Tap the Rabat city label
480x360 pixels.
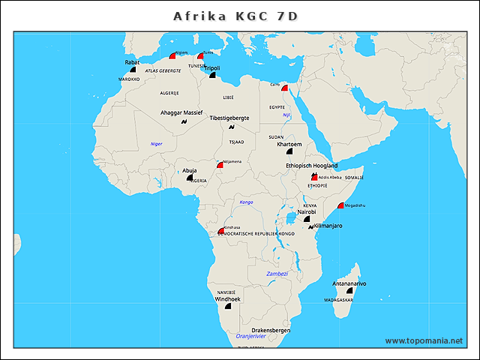click(x=131, y=62)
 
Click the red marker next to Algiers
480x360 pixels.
click(x=172, y=55)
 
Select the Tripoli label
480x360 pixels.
click(x=212, y=68)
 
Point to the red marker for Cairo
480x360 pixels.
click(x=284, y=88)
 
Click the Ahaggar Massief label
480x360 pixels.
click(x=181, y=112)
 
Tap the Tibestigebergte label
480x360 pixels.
click(x=229, y=118)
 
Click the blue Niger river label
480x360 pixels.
click(x=156, y=142)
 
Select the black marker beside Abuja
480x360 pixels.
click(x=189, y=178)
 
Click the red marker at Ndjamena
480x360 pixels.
click(x=220, y=164)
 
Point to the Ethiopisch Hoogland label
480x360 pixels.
click(x=311, y=165)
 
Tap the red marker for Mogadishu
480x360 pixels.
click(x=340, y=205)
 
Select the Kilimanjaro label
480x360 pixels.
click(x=328, y=225)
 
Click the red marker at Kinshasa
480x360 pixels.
click(x=220, y=231)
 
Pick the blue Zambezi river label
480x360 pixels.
click(x=277, y=274)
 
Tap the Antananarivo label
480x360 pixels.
click(x=349, y=283)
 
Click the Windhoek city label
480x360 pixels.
click(x=227, y=298)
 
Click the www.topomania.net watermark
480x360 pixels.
click(x=424, y=340)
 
